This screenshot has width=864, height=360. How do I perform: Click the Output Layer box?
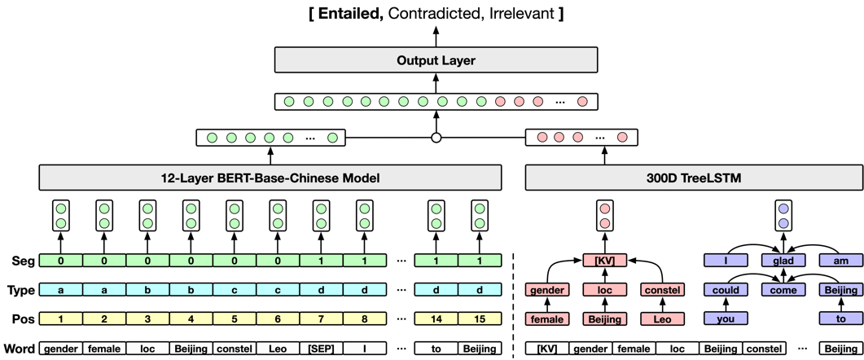[x=436, y=60]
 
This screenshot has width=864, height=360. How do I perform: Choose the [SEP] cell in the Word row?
[x=321, y=349]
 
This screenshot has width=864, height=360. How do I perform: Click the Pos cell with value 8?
[x=364, y=319]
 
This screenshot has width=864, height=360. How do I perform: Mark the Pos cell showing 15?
[x=479, y=319]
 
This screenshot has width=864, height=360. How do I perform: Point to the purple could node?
[x=726, y=290]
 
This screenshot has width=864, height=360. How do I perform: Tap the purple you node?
[x=726, y=319]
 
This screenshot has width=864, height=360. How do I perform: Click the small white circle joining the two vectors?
[x=436, y=138]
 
